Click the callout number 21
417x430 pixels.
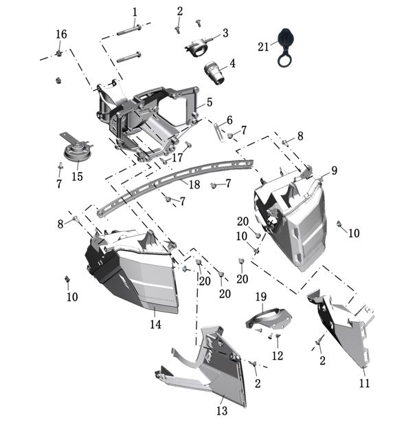(264, 47)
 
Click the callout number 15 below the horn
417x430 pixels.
(77, 177)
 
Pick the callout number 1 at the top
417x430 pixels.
(135, 12)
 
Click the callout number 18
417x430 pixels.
(194, 184)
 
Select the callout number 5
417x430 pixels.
(209, 102)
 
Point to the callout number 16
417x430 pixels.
(61, 34)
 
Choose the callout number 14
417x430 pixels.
(156, 324)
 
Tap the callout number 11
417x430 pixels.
(364, 383)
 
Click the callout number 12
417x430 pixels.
(278, 356)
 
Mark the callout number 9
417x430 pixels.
(334, 170)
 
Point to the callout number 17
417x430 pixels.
(177, 158)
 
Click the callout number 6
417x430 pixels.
(229, 120)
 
